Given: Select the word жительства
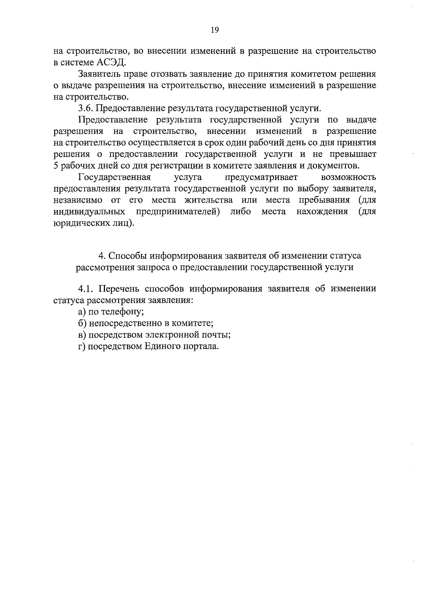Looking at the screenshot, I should coord(208,200).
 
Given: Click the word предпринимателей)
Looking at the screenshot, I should coord(181,212).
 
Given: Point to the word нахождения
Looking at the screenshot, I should coord(322,212).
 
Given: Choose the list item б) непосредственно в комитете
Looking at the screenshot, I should coord(146,323).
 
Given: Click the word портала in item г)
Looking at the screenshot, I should coord(202,346).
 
